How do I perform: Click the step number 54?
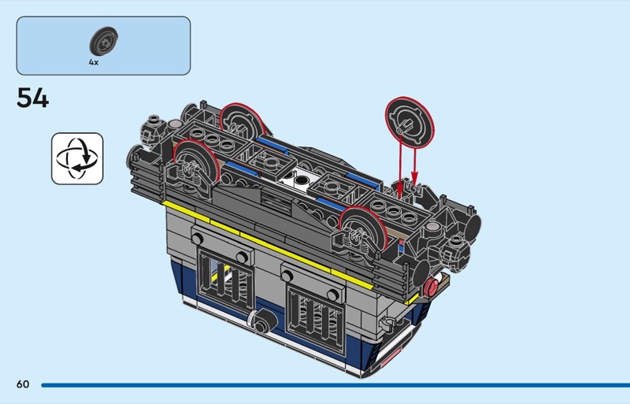click(33, 98)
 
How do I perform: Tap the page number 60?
click(23, 384)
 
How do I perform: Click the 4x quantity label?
click(94, 62)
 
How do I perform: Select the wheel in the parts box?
click(103, 41)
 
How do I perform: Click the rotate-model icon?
click(77, 158)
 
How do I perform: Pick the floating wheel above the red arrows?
click(409, 122)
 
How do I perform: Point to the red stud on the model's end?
click(432, 287)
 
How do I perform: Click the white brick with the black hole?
click(298, 180)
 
